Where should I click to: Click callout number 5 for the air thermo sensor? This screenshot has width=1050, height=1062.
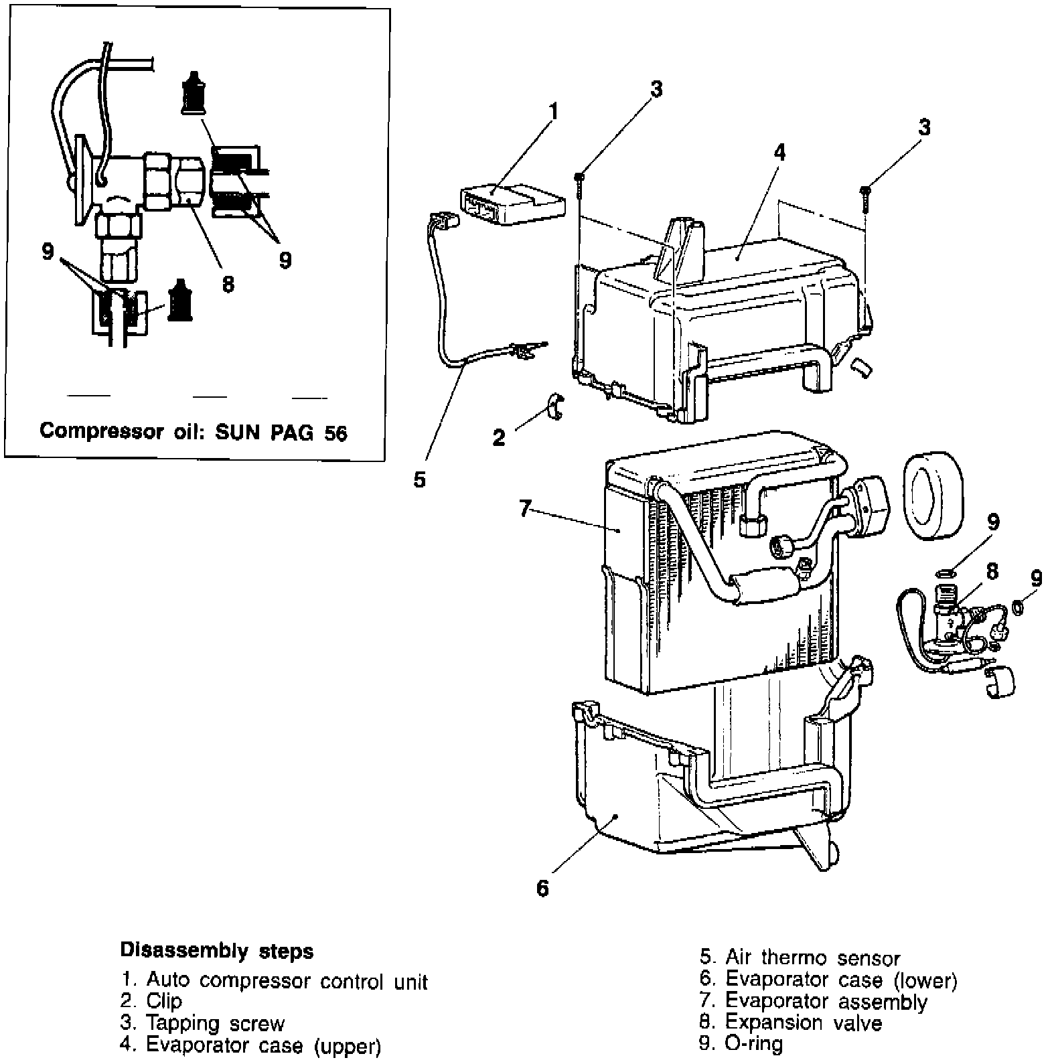tap(419, 479)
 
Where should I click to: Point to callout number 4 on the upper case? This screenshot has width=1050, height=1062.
tap(779, 152)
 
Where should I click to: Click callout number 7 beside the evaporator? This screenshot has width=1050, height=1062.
tap(526, 509)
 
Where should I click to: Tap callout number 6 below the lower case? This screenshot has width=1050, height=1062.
tap(542, 888)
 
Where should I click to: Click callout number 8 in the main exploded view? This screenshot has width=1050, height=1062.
tap(992, 571)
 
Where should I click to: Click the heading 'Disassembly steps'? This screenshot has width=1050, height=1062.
tap(216, 951)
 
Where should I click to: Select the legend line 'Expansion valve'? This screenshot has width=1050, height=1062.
tap(804, 1022)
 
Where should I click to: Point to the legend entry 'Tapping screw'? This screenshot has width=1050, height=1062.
tap(215, 1024)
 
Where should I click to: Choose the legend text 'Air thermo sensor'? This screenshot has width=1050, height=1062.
tap(813, 958)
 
